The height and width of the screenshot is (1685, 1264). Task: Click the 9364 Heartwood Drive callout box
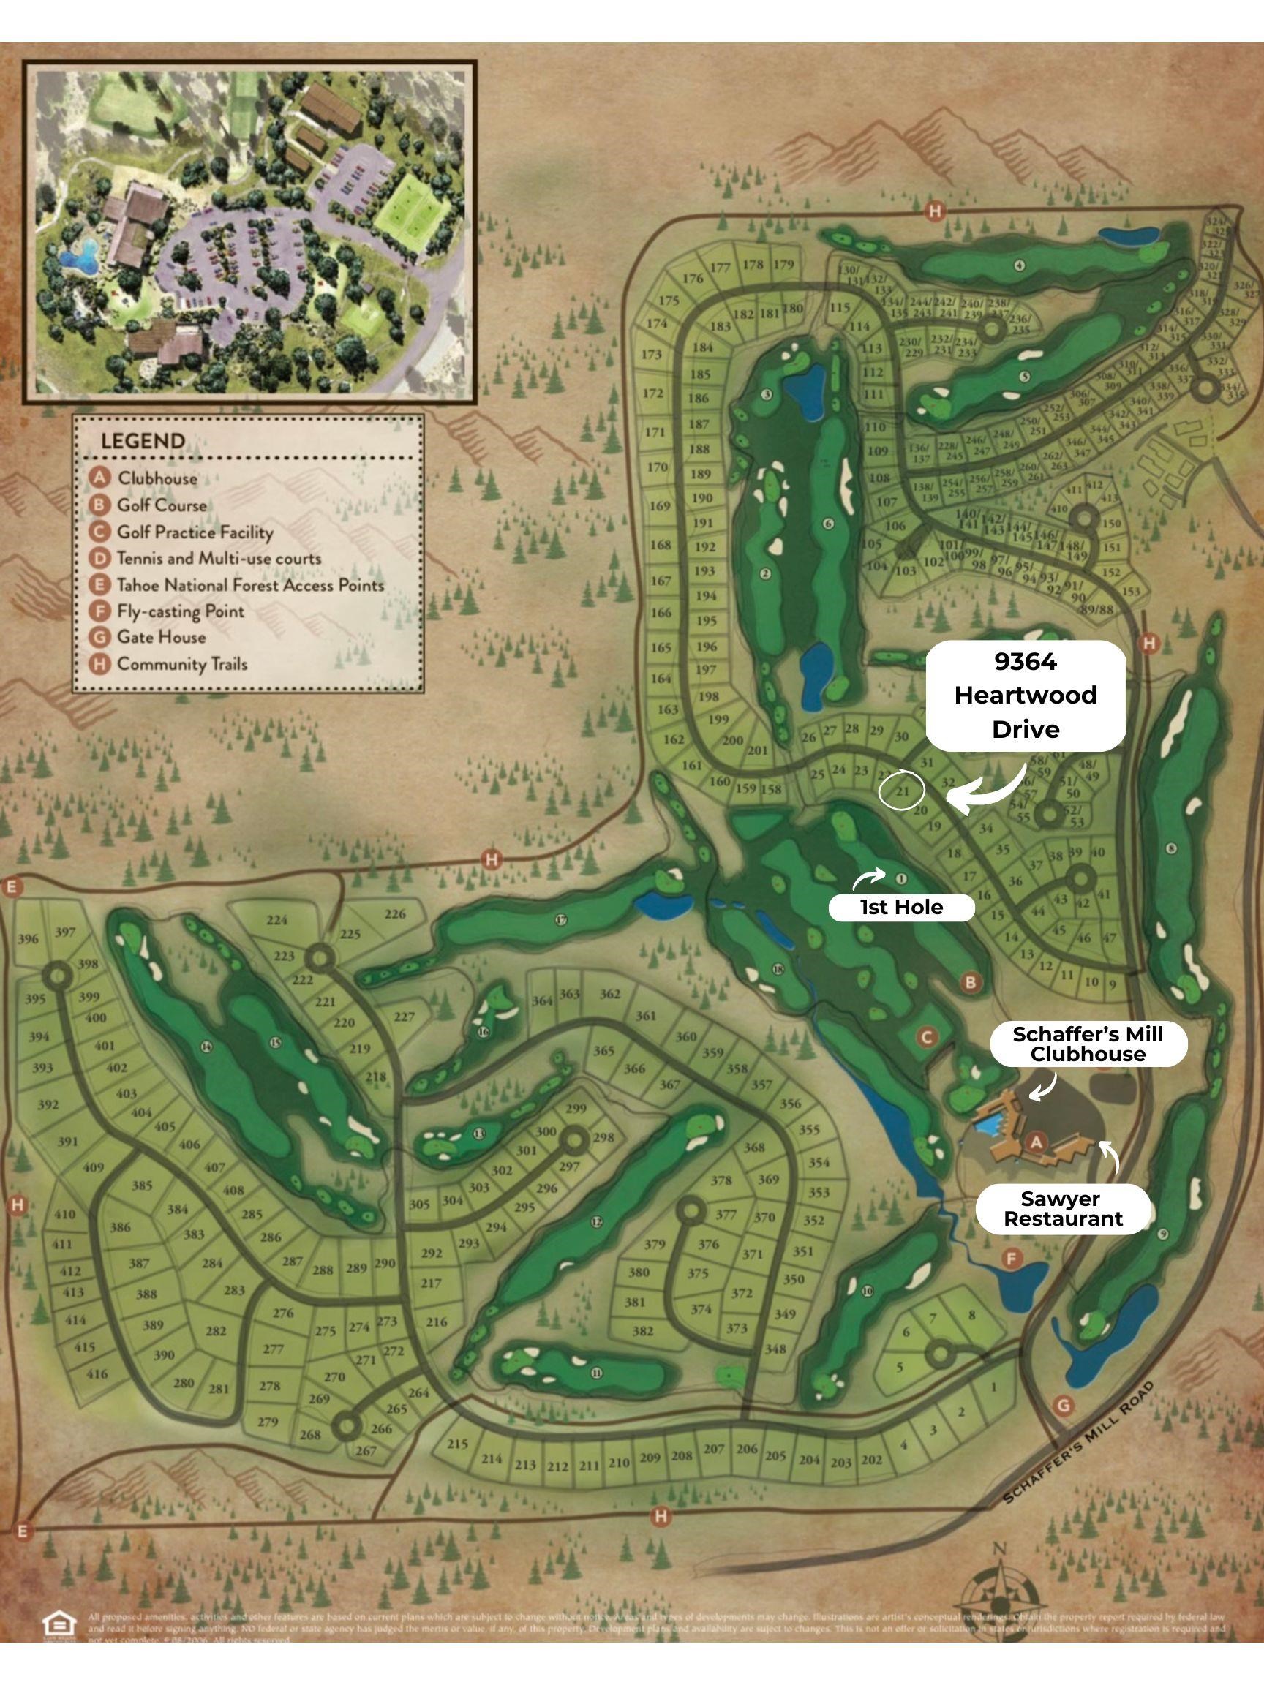click(x=1026, y=695)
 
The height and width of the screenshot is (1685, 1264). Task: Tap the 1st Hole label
click(x=901, y=908)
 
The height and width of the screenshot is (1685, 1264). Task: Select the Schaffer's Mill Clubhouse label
click(x=1088, y=1044)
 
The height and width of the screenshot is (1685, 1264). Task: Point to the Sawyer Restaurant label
click(x=1063, y=1208)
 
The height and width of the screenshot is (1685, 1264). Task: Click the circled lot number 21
click(x=902, y=791)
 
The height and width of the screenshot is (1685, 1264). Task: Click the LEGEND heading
click(x=143, y=441)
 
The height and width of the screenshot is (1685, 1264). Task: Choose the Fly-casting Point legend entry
click(x=181, y=611)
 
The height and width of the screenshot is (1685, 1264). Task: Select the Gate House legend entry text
click(x=162, y=637)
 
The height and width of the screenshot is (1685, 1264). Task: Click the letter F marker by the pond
click(x=1012, y=1259)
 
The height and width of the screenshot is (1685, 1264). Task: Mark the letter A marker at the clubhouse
click(x=1036, y=1142)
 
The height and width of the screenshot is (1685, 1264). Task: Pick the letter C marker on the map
click(x=928, y=1037)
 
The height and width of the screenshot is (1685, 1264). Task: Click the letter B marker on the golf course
click(x=971, y=983)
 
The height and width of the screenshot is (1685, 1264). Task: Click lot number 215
click(x=457, y=1444)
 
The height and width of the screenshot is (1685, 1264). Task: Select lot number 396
click(x=29, y=938)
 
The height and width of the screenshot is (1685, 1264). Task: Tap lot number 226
click(x=395, y=913)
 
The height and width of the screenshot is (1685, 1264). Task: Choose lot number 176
click(x=693, y=279)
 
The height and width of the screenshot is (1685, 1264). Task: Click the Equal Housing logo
click(x=59, y=1624)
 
